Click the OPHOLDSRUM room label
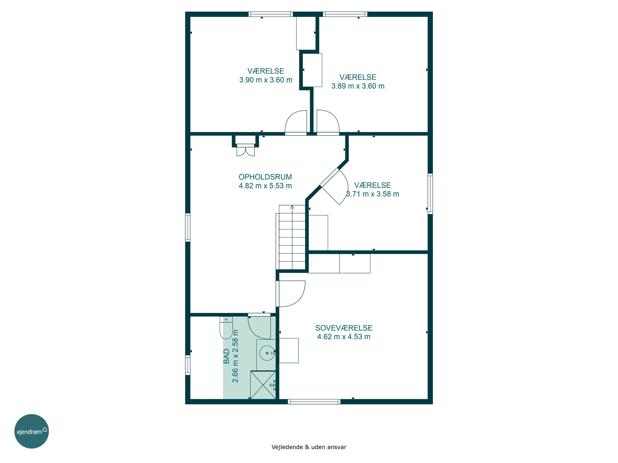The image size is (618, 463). pyautogui.click(x=265, y=177)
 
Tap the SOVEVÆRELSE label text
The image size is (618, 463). pyautogui.click(x=344, y=328)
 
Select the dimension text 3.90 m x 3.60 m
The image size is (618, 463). pyautogui.click(x=266, y=80)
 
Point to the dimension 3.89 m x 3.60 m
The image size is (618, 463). pyautogui.click(x=358, y=86)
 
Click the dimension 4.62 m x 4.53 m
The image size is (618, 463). pyautogui.click(x=344, y=337)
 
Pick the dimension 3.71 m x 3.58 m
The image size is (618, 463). pyautogui.click(x=372, y=194)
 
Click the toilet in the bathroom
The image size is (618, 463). pyautogui.click(x=226, y=328)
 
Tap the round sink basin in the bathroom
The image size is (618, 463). pyautogui.click(x=267, y=353)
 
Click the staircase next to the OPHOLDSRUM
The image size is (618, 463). pyautogui.click(x=292, y=237)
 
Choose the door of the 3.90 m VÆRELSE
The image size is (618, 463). pyautogui.click(x=296, y=123)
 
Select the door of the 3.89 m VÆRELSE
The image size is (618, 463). pyautogui.click(x=328, y=123)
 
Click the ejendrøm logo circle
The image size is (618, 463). pyautogui.click(x=32, y=431)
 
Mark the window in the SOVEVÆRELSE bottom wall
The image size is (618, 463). pyautogui.click(x=314, y=402)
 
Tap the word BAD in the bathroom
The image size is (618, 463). pyautogui.click(x=226, y=356)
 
